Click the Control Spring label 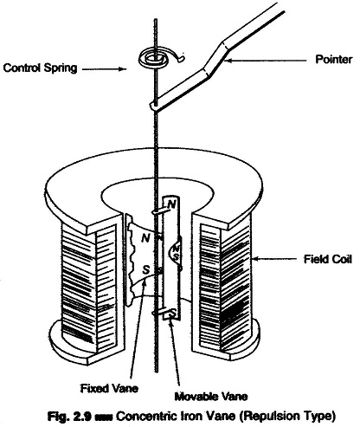point(40,68)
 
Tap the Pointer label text point(334,60)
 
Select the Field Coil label point(328,259)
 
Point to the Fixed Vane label point(109,388)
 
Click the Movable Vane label point(211,396)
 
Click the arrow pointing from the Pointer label point(265,61)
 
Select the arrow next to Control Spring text point(105,69)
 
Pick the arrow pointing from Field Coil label point(273,259)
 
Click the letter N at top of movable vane point(171,204)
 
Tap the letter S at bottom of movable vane point(173,313)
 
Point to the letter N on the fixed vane point(146,238)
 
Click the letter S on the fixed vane point(146,270)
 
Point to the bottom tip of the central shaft point(157,372)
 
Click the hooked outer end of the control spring point(182,59)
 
